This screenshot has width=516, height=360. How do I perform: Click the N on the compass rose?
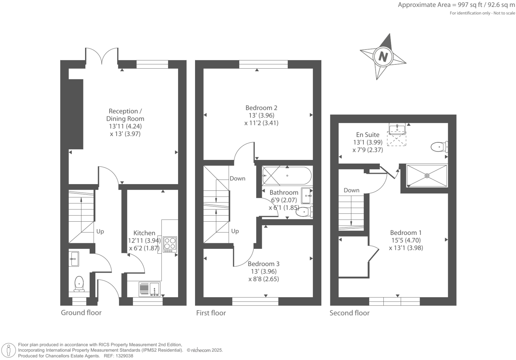click(x=383, y=57)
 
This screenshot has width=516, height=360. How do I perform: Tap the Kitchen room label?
click(x=144, y=233)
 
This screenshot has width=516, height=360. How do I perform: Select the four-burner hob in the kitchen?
click(x=170, y=244)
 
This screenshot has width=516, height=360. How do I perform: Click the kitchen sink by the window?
click(x=149, y=289)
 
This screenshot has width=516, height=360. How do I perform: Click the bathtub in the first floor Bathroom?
click(x=287, y=176)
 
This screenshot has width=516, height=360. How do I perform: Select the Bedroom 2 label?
click(x=261, y=108)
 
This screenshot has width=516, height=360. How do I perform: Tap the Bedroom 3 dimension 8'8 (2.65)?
click(x=263, y=279)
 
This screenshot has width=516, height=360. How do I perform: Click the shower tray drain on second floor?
click(x=427, y=176)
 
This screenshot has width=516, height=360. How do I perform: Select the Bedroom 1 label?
click(x=406, y=233)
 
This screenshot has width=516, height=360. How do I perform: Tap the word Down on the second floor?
click(x=351, y=190)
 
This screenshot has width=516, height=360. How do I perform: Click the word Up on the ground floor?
click(x=100, y=231)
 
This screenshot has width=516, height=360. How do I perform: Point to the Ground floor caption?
click(x=81, y=313)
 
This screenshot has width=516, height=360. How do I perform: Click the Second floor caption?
click(x=349, y=313)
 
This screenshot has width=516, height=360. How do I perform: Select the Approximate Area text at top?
click(x=456, y=5)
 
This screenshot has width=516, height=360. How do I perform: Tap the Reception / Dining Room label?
click(x=125, y=115)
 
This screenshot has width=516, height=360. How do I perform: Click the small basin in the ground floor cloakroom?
click(x=74, y=258)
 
